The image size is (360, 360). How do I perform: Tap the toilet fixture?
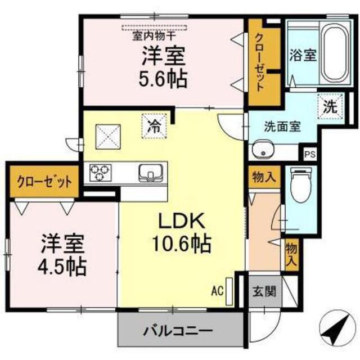point(301,184)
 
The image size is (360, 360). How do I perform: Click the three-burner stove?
point(100,173)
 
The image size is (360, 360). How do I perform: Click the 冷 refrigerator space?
point(154,126)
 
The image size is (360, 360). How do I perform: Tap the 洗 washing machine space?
point(330,106)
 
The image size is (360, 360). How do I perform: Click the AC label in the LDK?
point(217,291)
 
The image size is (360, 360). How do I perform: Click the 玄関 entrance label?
point(264,291)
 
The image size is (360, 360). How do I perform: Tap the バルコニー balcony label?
point(178,331)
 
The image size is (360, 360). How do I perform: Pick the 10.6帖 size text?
point(181,243)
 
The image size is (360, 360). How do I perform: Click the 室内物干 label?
point(154,36)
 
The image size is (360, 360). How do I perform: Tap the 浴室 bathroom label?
point(303,55)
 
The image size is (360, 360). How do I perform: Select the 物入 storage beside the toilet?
point(264,177)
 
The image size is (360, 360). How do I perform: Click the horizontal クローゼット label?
point(44,182)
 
